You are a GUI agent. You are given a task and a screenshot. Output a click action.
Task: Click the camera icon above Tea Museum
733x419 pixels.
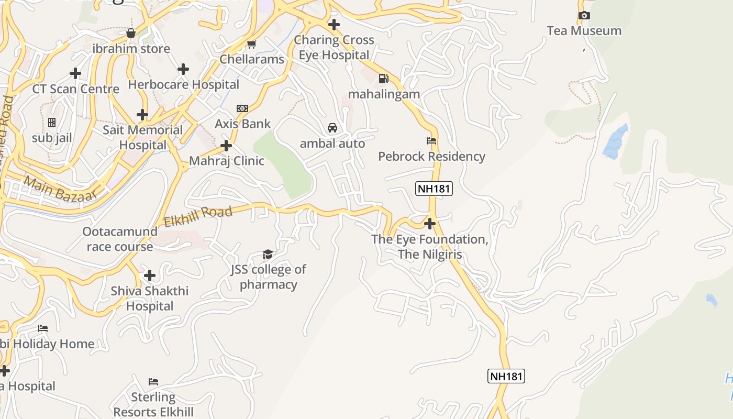584,16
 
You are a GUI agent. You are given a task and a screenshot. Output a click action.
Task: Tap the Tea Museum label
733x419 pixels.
584,31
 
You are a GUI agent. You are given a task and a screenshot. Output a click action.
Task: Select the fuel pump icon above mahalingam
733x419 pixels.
384,79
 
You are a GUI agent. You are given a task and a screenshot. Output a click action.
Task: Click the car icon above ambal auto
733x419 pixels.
332,127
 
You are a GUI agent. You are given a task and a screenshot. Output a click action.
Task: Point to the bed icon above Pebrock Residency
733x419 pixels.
431,140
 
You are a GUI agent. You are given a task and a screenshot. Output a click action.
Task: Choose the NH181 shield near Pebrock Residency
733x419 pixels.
434,189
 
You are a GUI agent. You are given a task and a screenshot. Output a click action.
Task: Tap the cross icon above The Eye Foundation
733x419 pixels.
430,224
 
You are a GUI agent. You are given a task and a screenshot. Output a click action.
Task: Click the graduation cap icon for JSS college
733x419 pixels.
268,255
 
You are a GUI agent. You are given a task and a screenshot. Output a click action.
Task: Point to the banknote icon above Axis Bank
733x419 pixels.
242,108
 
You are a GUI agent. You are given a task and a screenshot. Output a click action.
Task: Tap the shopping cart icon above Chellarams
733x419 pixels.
252,44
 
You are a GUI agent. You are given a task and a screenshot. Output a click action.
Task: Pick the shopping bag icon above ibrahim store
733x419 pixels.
131,33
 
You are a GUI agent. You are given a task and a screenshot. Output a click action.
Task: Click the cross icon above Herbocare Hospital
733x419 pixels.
183,69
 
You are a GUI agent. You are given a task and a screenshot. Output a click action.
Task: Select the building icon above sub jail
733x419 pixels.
52,123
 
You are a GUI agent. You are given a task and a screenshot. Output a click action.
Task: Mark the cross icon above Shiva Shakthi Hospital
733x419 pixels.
150,275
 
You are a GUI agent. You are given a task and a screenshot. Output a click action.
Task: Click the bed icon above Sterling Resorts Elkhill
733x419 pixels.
153,381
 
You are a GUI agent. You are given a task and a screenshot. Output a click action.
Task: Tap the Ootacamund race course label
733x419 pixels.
120,239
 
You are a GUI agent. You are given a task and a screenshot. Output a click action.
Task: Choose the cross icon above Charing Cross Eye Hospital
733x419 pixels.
334,24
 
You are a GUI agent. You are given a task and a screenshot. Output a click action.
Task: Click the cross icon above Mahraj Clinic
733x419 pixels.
226,145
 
